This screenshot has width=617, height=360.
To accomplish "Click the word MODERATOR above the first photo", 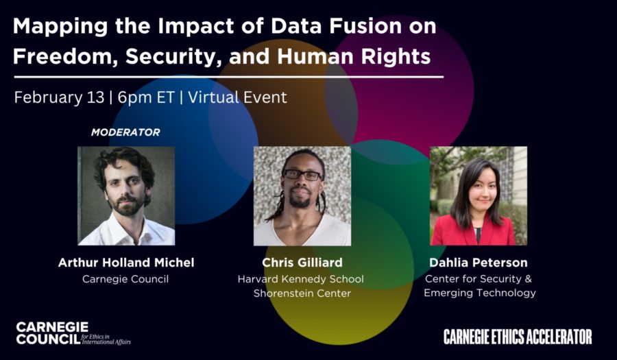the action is [x=125, y=132].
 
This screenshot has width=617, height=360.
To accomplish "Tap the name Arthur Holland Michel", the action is [x=126, y=263].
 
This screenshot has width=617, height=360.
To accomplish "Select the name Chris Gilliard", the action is [x=302, y=263].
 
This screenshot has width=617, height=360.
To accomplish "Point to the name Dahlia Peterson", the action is [x=478, y=263].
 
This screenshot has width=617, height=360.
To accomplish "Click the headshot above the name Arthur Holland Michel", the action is [x=126, y=196].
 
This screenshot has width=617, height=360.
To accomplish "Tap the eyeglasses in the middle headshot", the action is [x=302, y=175].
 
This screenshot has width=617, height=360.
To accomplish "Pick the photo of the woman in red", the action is [x=479, y=196].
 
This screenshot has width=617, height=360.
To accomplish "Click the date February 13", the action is [x=59, y=97].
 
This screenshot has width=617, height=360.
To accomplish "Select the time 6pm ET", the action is [x=145, y=98].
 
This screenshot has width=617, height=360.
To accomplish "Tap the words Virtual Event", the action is [x=238, y=97].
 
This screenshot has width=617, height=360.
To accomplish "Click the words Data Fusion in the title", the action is [x=335, y=26].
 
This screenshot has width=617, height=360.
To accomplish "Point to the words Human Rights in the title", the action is [x=354, y=56].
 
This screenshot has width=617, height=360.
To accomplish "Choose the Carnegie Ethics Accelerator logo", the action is [x=518, y=337].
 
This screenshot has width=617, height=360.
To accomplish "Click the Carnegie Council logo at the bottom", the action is [x=73, y=333].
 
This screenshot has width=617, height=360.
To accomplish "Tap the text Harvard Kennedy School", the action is [x=301, y=279].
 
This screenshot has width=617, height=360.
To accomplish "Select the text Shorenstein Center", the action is [x=302, y=293].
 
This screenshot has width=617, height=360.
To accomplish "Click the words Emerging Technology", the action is [x=480, y=293].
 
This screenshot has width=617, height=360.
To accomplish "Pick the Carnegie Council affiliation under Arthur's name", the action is [x=125, y=279].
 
